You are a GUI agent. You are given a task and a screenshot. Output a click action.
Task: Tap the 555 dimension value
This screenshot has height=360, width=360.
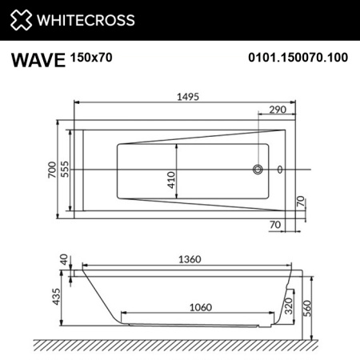(x=66, y=170)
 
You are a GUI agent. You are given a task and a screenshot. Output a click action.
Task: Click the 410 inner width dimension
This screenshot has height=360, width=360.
(x=170, y=181)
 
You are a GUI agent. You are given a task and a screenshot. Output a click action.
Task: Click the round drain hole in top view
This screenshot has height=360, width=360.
(x=258, y=170)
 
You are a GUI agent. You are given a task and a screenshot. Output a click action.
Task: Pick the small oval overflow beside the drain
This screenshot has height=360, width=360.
(x=279, y=170)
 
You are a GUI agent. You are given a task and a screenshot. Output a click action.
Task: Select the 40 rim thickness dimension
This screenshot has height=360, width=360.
(x=63, y=259)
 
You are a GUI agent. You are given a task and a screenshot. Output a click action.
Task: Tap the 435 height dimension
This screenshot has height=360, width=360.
(x=55, y=297)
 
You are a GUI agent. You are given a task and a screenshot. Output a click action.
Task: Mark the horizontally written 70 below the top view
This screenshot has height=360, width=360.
(x=274, y=226)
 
